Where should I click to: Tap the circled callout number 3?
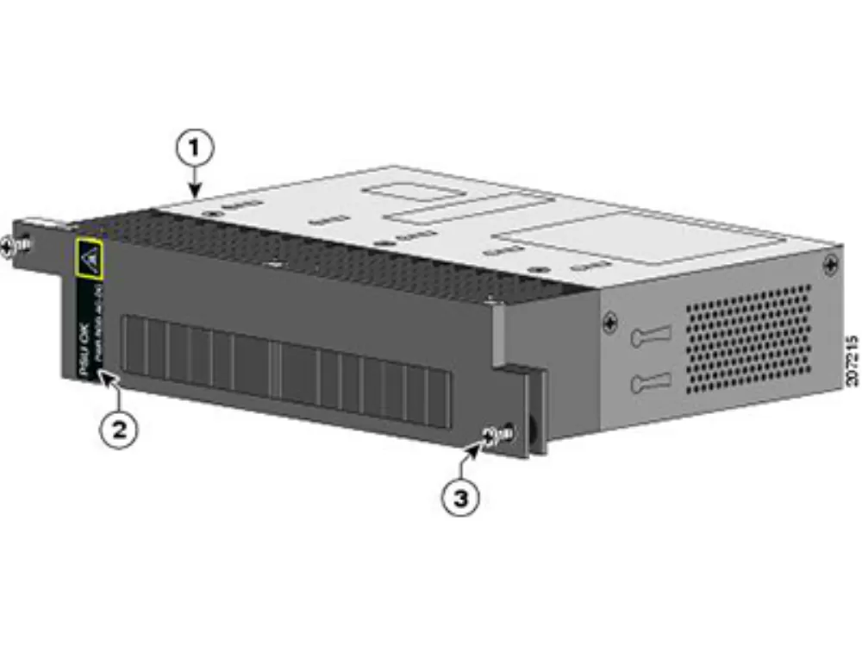(462, 498)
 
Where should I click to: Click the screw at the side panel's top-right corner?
(831, 264)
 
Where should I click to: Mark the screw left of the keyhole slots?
(610, 324)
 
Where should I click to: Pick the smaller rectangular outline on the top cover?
(457, 204)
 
